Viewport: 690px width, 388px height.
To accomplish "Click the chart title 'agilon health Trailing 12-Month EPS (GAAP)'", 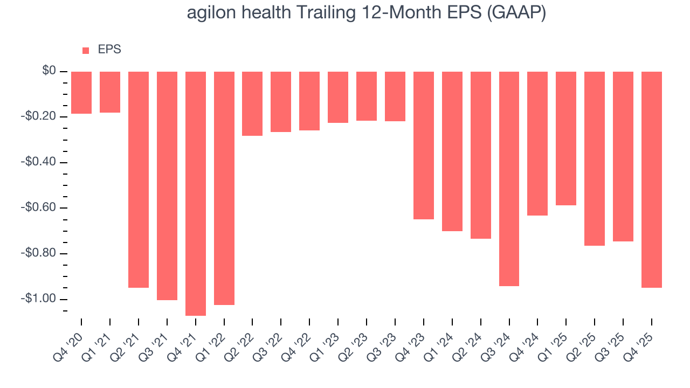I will tap(367, 13).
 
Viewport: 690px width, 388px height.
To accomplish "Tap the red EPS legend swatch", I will tap(86, 51).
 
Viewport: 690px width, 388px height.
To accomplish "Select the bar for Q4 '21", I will tap(196, 193).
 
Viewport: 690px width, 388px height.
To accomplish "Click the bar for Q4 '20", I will tap(81, 93).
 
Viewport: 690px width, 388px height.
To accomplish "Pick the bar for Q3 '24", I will tap(509, 179).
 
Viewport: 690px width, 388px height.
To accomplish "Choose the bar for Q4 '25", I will tap(651, 179).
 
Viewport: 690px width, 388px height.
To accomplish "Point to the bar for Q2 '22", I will tap(252, 103).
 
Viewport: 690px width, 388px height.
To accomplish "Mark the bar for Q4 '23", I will tap(424, 145).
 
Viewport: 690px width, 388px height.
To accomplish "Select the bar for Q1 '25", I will tap(566, 138).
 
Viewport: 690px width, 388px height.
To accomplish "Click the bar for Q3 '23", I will tap(395, 96).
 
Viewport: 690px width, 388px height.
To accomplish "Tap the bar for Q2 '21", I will tap(139, 179).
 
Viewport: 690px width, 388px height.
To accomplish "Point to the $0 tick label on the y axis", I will tap(50, 71).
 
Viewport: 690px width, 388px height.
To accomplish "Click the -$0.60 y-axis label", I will tap(40, 208).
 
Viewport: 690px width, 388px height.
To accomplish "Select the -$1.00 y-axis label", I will tap(40, 299).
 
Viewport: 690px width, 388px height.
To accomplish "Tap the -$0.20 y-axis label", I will tap(40, 117).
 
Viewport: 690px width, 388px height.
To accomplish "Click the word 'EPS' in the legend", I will tap(109, 50).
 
